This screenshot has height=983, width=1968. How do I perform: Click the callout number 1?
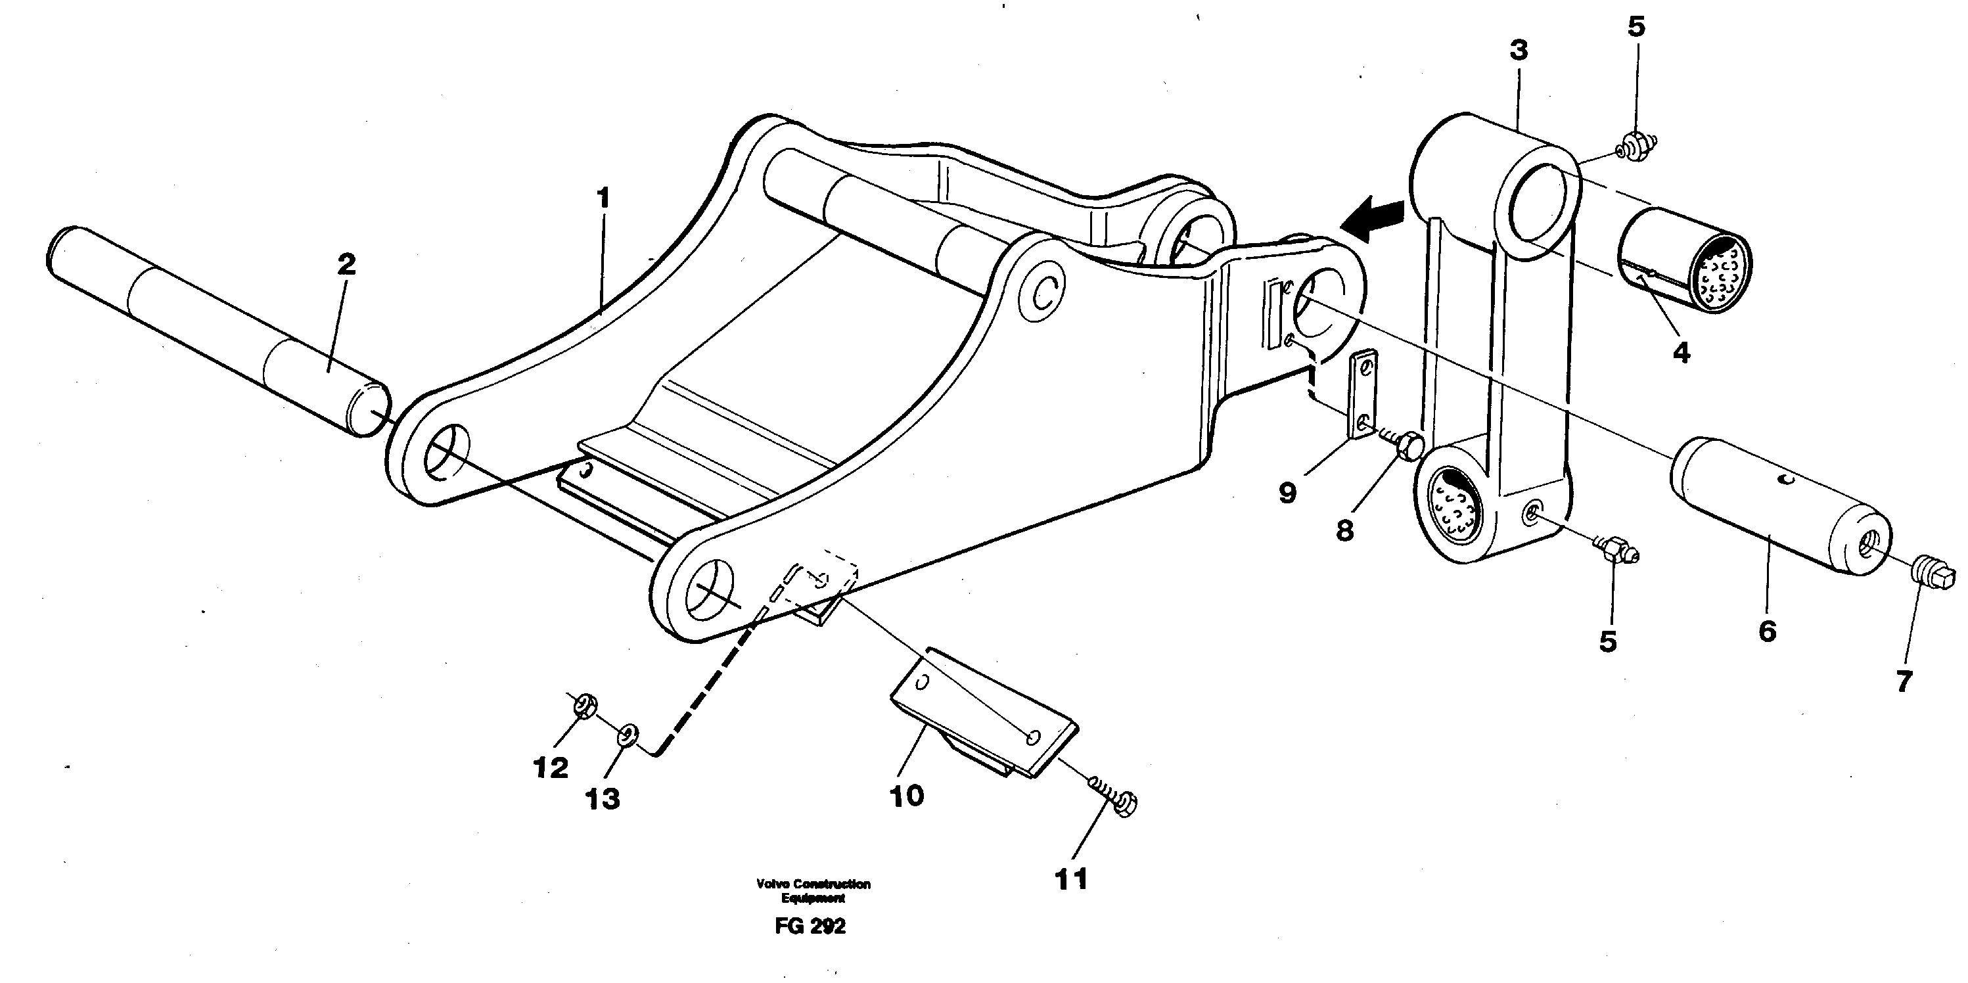coord(603,199)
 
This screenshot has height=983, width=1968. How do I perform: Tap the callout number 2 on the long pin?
coord(346,265)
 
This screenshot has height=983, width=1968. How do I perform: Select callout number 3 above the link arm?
coord(1519,51)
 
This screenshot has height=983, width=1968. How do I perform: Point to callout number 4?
coord(1682,353)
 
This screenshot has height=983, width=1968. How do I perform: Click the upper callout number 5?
coord(1636,27)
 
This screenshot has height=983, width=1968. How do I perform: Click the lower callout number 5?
coord(1608,641)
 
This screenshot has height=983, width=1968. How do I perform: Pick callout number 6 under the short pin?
coord(1767,631)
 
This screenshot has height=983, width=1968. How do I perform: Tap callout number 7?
coord(1903,681)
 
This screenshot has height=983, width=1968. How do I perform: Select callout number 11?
coord(1070,879)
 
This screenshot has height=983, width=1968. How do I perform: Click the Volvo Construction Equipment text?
coord(813,890)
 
